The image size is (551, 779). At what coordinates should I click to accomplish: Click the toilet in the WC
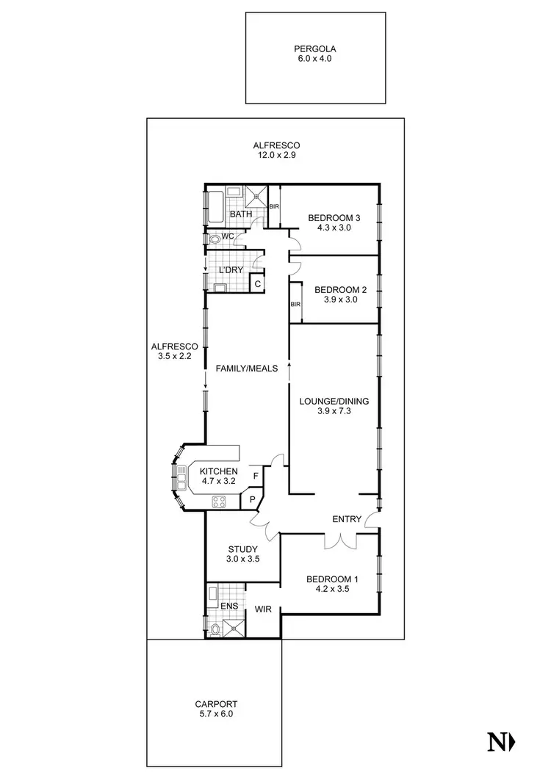215,239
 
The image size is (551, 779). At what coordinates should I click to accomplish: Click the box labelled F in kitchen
255,476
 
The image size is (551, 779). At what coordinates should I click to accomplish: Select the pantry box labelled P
252,500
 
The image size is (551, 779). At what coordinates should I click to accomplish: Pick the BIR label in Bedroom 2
295,304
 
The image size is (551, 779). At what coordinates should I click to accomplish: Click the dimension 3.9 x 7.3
334,412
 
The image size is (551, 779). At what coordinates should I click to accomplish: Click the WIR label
264,609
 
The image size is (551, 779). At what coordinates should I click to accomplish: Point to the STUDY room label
243,548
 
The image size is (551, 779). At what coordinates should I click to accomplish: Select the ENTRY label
347,519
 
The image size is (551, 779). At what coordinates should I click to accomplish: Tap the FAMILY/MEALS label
246,369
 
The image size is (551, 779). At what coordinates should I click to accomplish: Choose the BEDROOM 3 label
334,217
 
